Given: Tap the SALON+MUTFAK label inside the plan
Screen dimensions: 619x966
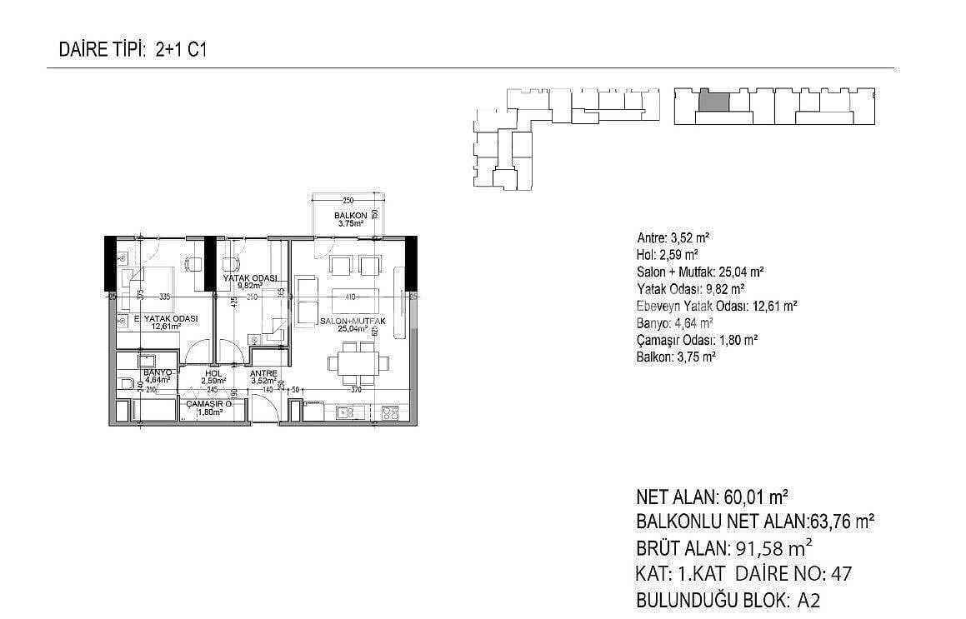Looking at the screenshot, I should coord(351,321).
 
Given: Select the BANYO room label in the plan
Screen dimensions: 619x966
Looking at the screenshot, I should coord(157,372).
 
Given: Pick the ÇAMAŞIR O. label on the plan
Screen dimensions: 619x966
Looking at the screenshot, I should coord(208,403).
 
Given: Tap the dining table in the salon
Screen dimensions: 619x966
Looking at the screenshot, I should coord(358,364).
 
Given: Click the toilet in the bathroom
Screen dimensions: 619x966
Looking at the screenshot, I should coord(127,384).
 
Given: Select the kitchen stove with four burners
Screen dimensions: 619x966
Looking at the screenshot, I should coord(389,412).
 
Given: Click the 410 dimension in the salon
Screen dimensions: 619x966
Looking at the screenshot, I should coord(350,296).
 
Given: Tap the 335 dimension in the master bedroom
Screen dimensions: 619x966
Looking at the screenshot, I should coord(163,296).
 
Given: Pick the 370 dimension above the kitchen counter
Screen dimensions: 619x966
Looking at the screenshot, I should coord(355,389).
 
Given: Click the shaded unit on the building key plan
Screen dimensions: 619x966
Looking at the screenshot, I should coord(713,102).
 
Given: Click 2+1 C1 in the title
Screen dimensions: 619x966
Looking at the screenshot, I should coord(181,50).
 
